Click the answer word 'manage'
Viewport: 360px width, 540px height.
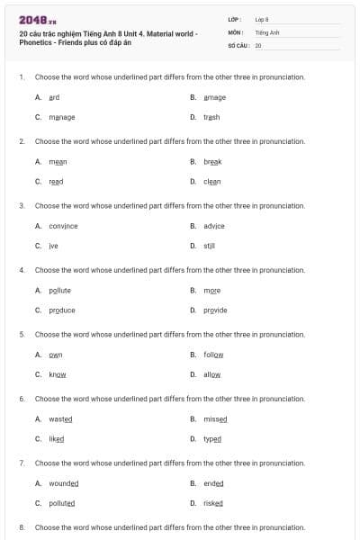[x=62, y=117]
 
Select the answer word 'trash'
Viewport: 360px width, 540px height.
[x=211, y=117]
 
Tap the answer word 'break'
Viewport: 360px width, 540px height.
[x=212, y=161]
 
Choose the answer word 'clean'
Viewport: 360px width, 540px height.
[x=212, y=181]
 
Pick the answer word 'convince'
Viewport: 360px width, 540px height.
[x=63, y=225]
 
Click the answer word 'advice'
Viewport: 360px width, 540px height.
[x=214, y=225]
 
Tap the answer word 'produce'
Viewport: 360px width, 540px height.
[x=62, y=310]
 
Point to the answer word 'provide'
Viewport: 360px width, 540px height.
[x=215, y=310]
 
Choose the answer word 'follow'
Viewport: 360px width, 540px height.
[x=213, y=355]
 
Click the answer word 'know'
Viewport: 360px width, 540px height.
[x=58, y=374]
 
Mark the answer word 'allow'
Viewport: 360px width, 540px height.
[x=212, y=374]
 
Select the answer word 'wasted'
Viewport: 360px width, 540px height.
[x=61, y=418]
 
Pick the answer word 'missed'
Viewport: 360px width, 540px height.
[x=215, y=418]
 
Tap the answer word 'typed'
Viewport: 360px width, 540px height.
[x=212, y=438]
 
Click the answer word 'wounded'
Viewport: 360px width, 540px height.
[x=64, y=483]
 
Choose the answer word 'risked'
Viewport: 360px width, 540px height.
[x=213, y=503]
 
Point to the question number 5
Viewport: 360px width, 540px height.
[x=22, y=334]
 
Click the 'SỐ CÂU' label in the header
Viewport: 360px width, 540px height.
[x=239, y=44]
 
